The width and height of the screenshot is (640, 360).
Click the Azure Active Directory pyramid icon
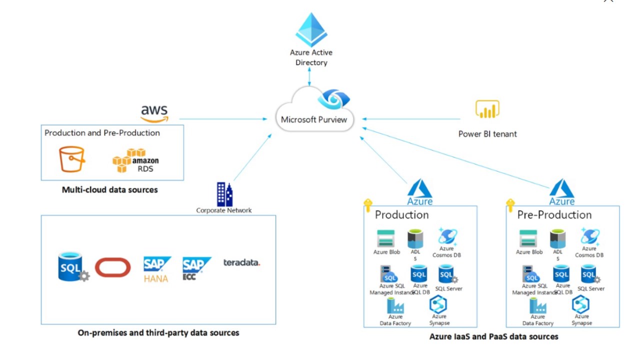311,30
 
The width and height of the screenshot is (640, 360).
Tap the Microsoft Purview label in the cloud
314,119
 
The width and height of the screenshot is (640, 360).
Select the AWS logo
154,113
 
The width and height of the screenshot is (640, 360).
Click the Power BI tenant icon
487,109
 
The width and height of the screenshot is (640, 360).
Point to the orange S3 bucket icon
71,159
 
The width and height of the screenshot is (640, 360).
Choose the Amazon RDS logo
135,160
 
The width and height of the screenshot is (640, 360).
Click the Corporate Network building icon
224,194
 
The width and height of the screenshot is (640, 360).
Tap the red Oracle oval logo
112,267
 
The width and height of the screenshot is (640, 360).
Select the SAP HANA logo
156,269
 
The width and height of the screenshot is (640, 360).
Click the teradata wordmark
241,262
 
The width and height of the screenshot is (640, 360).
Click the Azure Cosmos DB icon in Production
446,236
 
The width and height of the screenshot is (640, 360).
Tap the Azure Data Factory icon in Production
395,305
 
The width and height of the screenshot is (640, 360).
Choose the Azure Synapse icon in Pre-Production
581,304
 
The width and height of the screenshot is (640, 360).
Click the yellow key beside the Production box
368,205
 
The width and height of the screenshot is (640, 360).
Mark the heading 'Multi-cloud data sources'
109,190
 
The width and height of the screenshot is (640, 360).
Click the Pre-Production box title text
554,215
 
